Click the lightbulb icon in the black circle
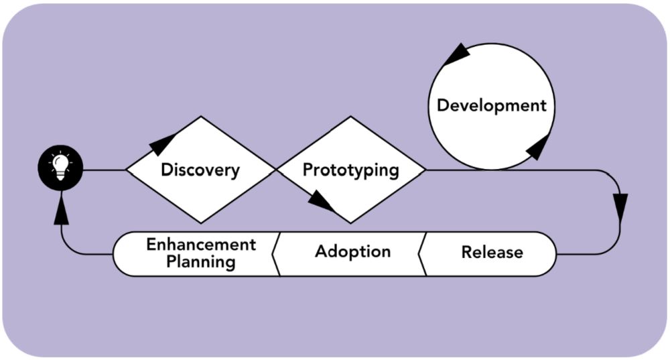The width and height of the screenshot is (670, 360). (x=60, y=169)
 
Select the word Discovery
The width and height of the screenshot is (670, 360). (x=200, y=170)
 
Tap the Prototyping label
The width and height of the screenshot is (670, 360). (x=350, y=170)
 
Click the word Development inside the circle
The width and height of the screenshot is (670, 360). (x=492, y=106)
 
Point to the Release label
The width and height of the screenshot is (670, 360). (x=492, y=253)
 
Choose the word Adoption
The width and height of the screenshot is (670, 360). (x=352, y=252)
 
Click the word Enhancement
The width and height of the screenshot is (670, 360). (x=201, y=244)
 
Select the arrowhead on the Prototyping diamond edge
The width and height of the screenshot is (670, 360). (x=324, y=200)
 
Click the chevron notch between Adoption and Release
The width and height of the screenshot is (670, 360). (x=421, y=253)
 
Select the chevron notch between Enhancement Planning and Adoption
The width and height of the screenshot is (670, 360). (x=275, y=253)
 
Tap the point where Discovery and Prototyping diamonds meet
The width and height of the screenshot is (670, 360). (x=275, y=170)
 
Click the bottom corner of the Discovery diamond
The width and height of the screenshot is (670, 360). (x=200, y=223)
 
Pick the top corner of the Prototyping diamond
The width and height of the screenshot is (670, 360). (x=350, y=117)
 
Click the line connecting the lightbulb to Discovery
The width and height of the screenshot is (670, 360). (x=104, y=170)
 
